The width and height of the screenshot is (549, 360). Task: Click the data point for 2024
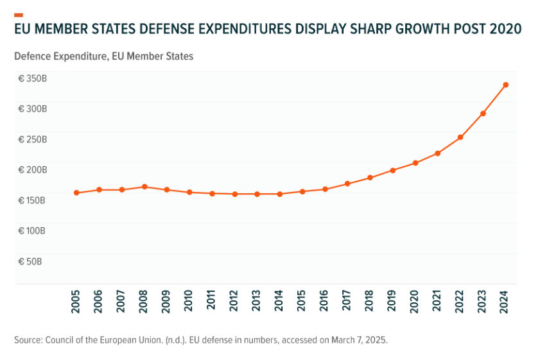click(x=505, y=85)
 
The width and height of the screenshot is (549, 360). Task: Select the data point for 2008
click(x=144, y=187)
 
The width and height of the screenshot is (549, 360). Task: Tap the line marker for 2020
click(x=415, y=163)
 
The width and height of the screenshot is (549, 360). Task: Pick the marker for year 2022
click(x=460, y=137)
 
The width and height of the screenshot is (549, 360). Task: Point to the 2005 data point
click(x=76, y=193)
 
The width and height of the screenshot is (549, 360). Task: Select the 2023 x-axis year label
click(x=483, y=300)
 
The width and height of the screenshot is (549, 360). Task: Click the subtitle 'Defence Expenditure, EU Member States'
click(x=103, y=56)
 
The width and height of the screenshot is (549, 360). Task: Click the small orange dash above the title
click(x=18, y=14)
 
